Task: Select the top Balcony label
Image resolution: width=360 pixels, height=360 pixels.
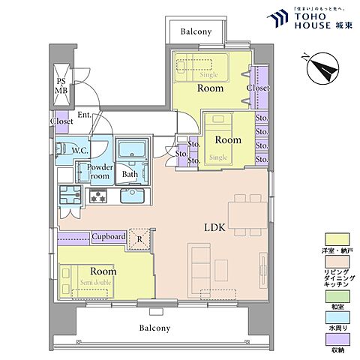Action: point(195,31)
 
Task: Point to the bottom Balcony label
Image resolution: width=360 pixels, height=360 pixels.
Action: point(154,328)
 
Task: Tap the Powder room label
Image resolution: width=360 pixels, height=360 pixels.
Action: point(100,172)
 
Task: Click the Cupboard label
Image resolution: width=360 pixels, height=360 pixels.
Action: point(109,237)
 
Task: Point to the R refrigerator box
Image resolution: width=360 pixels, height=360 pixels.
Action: point(138,238)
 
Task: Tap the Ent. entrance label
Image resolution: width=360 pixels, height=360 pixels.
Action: point(84,115)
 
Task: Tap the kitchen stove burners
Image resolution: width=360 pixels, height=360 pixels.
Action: point(98,196)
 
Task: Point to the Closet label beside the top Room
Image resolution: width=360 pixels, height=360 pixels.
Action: point(258,87)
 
